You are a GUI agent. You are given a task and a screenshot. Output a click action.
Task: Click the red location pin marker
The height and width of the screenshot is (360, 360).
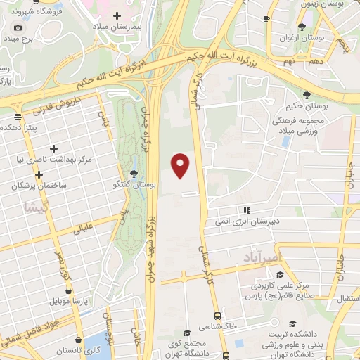click(x=181, y=165)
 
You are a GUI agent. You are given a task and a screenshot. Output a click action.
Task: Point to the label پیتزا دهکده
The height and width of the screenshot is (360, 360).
click(x=24, y=129)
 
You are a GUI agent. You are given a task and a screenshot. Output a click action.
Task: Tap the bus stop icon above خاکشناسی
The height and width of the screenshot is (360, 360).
click(x=217, y=316)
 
